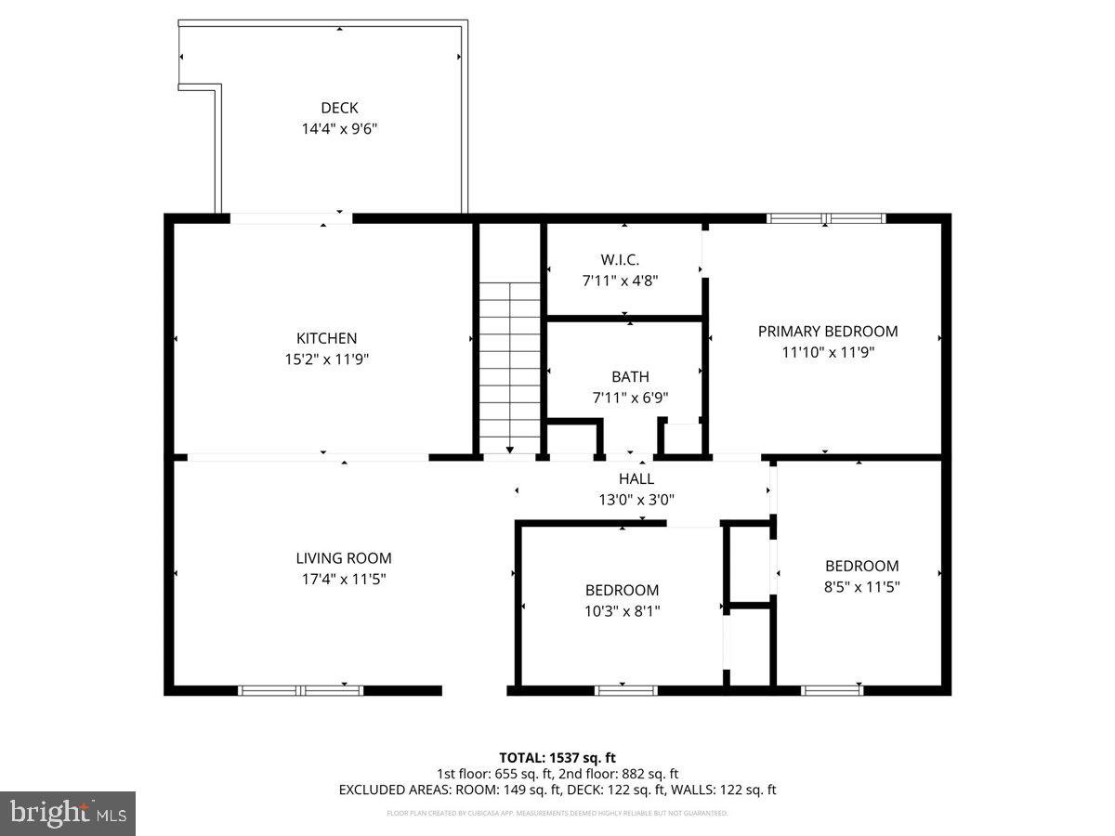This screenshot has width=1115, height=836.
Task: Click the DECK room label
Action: pyautogui.click(x=339, y=108)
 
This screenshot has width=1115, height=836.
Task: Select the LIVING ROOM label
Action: pyautogui.click(x=343, y=558)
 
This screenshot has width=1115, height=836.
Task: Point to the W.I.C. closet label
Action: pyautogui.click(x=620, y=259)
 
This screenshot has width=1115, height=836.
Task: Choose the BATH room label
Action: pyautogui.click(x=630, y=377)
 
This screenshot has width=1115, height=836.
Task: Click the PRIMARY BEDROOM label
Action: pyautogui.click(x=827, y=332)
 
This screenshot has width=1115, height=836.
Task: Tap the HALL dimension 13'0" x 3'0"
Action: pyautogui.click(x=636, y=499)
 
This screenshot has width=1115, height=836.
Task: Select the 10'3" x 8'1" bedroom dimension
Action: pyautogui.click(x=622, y=610)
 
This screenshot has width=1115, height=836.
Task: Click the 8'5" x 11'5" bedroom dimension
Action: pyautogui.click(x=861, y=586)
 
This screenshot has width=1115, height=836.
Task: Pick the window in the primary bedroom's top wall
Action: pyautogui.click(x=825, y=219)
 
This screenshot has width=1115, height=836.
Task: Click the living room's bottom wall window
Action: pyautogui.click(x=300, y=690)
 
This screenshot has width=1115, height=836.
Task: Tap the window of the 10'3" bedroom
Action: pyautogui.click(x=625, y=690)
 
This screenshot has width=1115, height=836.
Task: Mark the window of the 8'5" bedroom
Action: pyautogui.click(x=832, y=690)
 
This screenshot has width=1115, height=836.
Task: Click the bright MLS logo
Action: pyautogui.click(x=68, y=814)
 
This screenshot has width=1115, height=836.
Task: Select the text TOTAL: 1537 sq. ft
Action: pyautogui.click(x=557, y=758)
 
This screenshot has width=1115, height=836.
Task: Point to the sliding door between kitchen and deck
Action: pyautogui.click(x=291, y=219)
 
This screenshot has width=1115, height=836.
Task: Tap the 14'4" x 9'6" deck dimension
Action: pyautogui.click(x=339, y=128)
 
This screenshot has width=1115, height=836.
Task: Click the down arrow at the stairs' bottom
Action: pyautogui.click(x=509, y=451)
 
